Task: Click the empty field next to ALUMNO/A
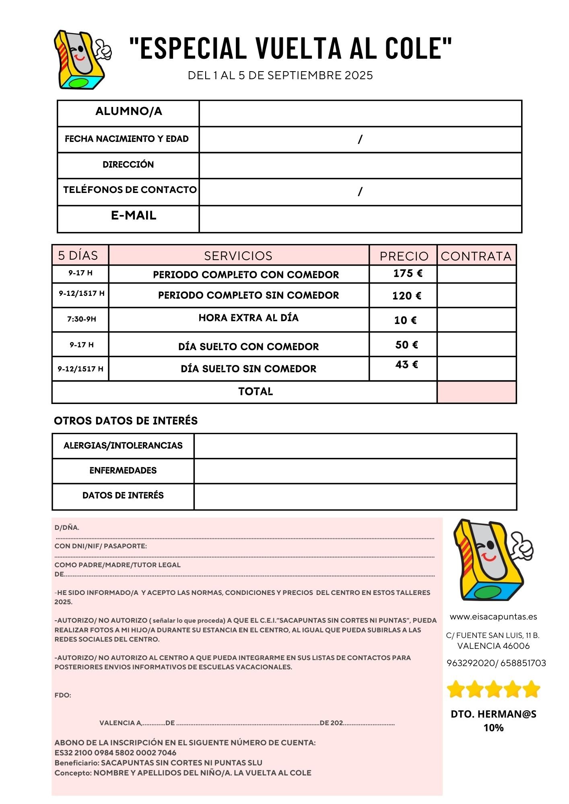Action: [360, 113]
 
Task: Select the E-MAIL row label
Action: [134, 215]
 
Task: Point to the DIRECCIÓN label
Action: [128, 164]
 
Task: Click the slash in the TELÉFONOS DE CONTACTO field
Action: [360, 191]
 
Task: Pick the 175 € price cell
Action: [407, 273]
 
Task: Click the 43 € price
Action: [406, 365]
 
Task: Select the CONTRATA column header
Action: [476, 256]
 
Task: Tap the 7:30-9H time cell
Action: [81, 319]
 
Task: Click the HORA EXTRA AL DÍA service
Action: [248, 318]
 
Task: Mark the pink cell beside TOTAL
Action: [476, 392]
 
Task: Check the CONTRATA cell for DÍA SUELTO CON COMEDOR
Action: [476, 345]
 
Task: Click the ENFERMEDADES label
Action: [123, 470]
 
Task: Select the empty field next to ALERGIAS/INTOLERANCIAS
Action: [355, 446]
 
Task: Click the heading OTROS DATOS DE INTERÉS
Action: [126, 421]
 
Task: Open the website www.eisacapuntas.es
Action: [493, 617]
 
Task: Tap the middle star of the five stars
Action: [493, 689]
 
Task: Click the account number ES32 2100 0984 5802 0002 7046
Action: [115, 753]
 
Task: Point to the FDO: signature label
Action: [63, 695]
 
